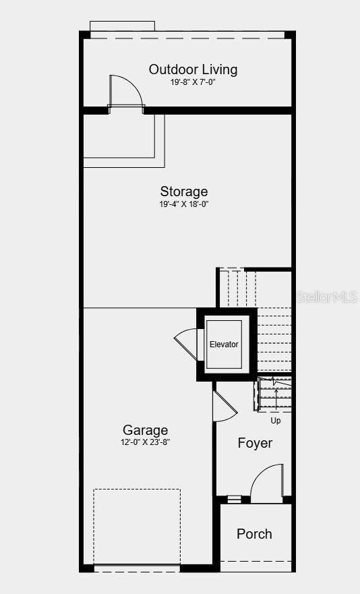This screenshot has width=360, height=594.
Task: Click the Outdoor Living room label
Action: click(193, 69)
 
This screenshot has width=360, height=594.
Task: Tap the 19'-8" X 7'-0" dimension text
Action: click(193, 82)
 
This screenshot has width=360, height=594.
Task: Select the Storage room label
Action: click(183, 191)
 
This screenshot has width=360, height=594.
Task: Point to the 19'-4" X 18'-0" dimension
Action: click(183, 204)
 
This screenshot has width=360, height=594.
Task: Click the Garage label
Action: click(145, 430)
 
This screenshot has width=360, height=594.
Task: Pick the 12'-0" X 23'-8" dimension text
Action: click(145, 442)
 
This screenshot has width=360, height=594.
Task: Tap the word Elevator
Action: click(224, 345)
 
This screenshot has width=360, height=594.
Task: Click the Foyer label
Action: click(255, 443)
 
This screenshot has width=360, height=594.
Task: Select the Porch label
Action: click(254, 534)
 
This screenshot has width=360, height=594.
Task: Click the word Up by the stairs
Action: click(276, 421)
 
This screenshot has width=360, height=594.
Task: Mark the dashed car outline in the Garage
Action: click(137, 526)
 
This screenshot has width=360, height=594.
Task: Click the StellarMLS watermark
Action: click(326, 297)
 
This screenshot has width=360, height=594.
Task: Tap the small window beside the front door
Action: click(234, 500)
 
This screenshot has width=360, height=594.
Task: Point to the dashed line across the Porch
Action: click(256, 561)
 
